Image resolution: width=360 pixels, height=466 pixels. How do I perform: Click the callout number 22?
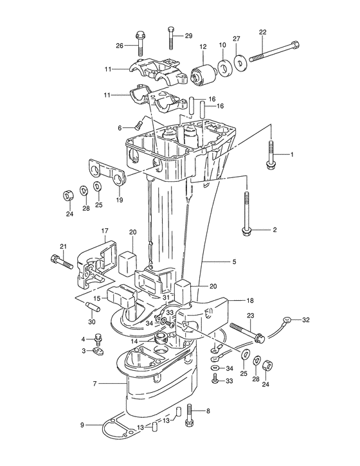tap(262, 32)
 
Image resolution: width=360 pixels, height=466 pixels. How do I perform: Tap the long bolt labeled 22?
tap(274, 51)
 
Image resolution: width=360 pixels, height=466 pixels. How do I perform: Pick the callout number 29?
tap(189, 36)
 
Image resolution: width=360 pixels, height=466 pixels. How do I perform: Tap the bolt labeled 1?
tap(271, 155)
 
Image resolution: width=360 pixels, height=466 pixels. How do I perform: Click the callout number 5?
tap(234, 262)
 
